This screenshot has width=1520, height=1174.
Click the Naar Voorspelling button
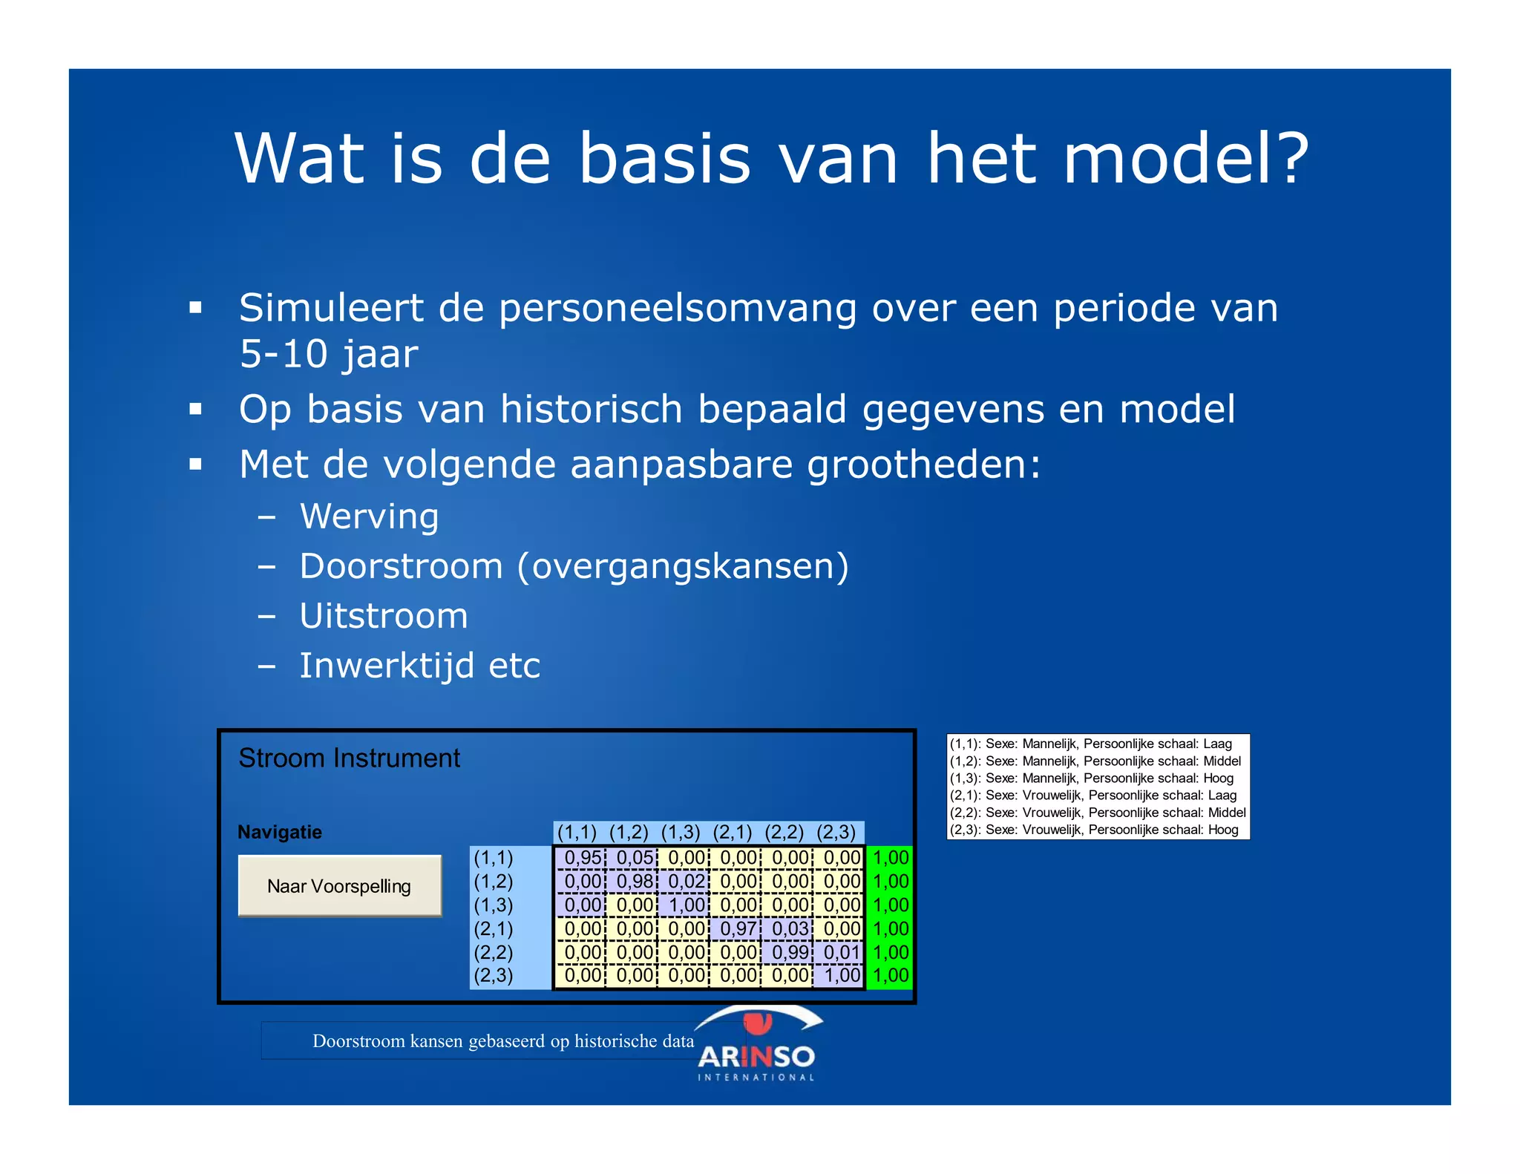tap(339, 886)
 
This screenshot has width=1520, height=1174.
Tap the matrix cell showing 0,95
tap(582, 858)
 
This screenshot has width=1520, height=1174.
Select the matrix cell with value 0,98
tap(634, 882)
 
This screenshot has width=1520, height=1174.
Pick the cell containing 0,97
tap(738, 928)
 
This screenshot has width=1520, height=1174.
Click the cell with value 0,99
tap(789, 952)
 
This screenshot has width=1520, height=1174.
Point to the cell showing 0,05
tap(634, 858)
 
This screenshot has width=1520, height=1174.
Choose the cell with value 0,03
tap(789, 928)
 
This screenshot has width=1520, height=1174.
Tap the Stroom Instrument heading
tap(349, 758)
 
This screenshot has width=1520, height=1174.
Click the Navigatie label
tap(280, 832)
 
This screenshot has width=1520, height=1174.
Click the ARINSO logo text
tap(756, 1057)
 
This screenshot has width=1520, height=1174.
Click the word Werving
tap(370, 517)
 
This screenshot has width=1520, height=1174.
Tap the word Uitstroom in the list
tap(384, 616)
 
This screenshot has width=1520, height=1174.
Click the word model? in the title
tap(1185, 158)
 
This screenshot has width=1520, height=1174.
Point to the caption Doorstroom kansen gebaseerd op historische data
tap(503, 1041)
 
